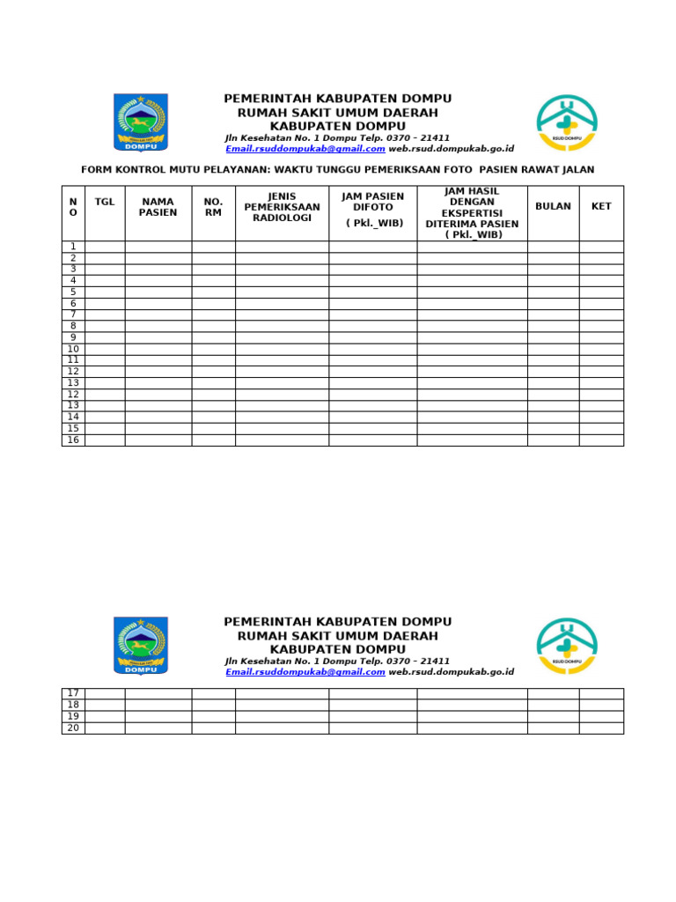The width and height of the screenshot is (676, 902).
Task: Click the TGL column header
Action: click(105, 202)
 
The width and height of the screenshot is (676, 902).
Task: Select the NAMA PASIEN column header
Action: click(158, 207)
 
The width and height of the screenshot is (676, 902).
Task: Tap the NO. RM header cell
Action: click(213, 207)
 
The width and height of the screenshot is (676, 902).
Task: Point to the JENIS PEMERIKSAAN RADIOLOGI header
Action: click(282, 207)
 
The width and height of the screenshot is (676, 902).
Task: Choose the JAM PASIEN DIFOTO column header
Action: click(372, 209)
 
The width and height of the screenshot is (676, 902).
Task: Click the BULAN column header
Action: click(553, 206)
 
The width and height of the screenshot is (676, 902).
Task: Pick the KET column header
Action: click(601, 206)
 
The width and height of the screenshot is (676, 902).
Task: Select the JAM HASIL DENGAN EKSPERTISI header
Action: click(472, 213)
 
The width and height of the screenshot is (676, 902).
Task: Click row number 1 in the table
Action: click(73, 247)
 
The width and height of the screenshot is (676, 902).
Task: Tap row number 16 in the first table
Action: click(73, 440)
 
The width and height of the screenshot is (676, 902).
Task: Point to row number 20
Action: click(73, 728)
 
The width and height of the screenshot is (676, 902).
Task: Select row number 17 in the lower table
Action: click(73, 693)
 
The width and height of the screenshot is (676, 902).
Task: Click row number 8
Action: click(73, 326)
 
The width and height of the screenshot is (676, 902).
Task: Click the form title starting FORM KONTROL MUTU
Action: click(337, 169)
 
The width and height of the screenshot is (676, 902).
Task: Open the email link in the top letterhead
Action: click(305, 149)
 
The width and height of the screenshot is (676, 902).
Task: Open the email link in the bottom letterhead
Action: click(305, 672)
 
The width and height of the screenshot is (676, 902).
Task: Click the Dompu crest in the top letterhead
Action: click(140, 122)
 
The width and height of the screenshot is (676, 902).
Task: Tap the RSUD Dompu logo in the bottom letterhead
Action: click(567, 646)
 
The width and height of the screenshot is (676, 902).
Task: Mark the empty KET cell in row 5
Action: click(601, 292)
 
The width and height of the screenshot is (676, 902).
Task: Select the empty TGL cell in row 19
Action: click(105, 716)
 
